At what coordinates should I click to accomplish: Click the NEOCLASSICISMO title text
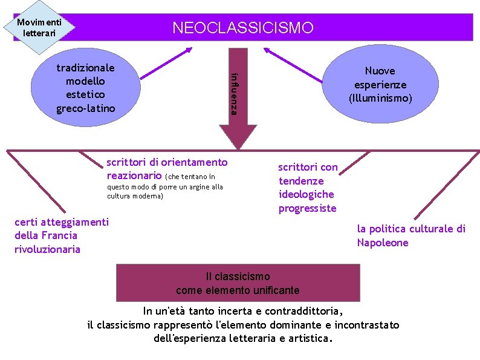point(243,28)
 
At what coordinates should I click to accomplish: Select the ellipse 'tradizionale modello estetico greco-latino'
point(86,88)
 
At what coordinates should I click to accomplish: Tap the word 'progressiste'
point(307,208)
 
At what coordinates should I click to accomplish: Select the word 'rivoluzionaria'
point(47,249)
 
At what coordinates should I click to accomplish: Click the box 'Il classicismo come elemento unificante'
point(238,283)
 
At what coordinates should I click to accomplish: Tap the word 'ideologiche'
point(306,194)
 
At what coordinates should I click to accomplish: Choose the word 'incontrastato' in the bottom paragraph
point(367,325)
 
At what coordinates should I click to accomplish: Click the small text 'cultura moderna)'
point(135,196)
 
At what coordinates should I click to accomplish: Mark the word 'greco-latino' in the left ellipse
point(85,108)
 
